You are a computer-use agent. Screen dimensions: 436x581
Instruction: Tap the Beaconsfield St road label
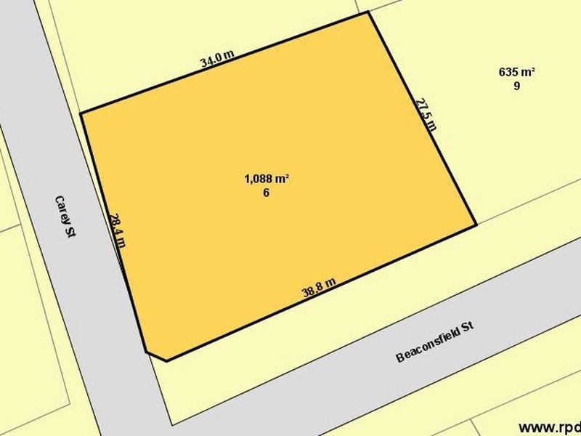pos(435,343)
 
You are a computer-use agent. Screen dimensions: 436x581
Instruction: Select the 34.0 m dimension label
pos(217,58)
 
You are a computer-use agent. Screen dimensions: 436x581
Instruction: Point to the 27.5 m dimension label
pos(426,113)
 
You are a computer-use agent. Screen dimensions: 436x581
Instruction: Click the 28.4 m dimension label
pos(117,230)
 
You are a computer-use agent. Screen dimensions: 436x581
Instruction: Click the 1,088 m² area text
pos(267,179)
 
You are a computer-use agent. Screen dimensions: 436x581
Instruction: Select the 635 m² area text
pos(516,72)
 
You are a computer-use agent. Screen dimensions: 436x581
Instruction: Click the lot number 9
pos(516,85)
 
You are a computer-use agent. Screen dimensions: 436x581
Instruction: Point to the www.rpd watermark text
pos(549,427)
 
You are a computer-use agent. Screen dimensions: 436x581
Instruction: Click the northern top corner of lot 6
pos(369,12)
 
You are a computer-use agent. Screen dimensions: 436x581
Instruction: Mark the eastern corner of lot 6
pos(476,225)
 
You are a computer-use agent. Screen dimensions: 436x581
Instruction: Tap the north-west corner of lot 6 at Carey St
pos(81,113)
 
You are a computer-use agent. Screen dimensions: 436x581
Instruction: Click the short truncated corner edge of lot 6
pos(156,356)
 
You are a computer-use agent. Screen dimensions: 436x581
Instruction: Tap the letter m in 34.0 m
pos(229,53)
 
